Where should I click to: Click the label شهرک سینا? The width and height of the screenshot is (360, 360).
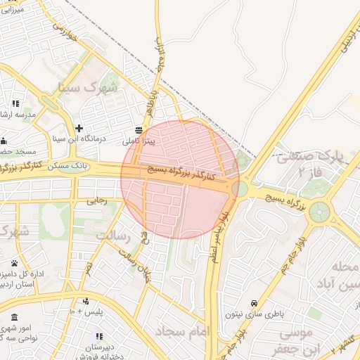pyautogui.click(x=89, y=88)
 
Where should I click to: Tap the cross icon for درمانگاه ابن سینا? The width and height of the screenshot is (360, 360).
pyautogui.click(x=79, y=129)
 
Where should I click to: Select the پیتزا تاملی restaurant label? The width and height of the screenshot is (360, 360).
pyautogui.click(x=143, y=141)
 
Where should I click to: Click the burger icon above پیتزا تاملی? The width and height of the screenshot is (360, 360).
pyautogui.click(x=138, y=130)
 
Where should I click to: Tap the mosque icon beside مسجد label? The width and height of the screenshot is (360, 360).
pyautogui.click(x=4, y=140)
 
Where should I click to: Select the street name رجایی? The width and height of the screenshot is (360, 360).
pyautogui.click(x=96, y=200)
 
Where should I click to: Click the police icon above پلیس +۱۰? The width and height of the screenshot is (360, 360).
pyautogui.click(x=85, y=301)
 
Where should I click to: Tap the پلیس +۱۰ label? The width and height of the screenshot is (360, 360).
pyautogui.click(x=86, y=311)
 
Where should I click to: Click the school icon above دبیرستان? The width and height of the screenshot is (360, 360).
pyautogui.click(x=99, y=337)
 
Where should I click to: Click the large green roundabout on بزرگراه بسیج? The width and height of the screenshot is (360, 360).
pyautogui.click(x=320, y=211)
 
